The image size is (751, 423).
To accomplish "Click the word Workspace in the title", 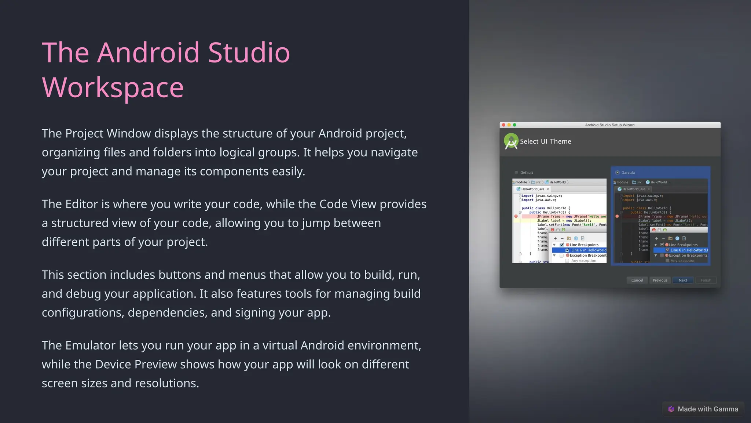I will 113,87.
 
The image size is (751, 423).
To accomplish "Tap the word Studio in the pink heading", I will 249,53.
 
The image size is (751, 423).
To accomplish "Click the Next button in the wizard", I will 683,280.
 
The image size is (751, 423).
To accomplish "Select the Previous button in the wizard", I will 660,280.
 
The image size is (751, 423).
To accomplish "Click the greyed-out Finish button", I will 706,280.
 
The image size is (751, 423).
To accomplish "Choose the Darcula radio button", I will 618,173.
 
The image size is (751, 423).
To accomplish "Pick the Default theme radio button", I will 516,173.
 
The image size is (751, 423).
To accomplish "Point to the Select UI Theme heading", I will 545,141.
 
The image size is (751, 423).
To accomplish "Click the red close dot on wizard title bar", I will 503,125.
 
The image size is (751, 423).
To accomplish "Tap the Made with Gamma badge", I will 703,409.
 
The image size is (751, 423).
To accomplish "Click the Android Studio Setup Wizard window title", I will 609,125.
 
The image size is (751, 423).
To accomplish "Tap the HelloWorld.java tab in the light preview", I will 532,189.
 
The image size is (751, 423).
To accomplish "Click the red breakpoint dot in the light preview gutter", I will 516,217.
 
